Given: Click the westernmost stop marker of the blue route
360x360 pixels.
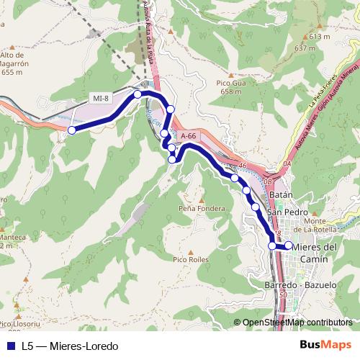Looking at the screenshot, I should click(72, 130).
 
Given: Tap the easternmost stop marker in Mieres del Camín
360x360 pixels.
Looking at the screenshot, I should click(289, 245).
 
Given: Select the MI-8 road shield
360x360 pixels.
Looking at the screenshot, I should click(101, 98).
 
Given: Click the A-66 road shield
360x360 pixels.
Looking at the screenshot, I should click(189, 135).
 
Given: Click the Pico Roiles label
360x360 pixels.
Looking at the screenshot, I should click(190, 259).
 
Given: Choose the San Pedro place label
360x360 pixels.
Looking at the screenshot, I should click(287, 213).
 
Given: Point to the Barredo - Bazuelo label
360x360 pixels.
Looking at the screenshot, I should click(300, 285).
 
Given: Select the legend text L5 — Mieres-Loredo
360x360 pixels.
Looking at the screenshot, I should click(70, 346).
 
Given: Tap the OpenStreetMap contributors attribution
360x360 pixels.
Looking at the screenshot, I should click(297, 323).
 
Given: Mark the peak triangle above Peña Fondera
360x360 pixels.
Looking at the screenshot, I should click(202, 199).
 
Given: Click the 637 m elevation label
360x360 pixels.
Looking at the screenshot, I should click(305, 48).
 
